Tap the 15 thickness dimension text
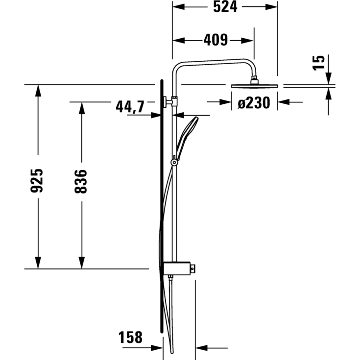(319, 62)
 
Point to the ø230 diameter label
(254, 103)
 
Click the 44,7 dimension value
(130, 106)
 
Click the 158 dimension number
(130, 337)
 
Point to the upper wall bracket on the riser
(169, 102)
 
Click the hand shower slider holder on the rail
(173, 161)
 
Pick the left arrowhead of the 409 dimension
(177, 40)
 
